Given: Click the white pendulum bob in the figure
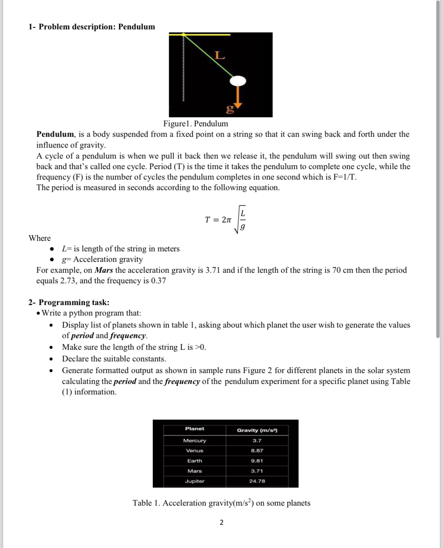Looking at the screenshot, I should click(x=238, y=81).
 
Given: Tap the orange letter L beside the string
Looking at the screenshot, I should click(x=220, y=56).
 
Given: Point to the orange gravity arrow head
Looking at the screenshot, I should click(x=237, y=106).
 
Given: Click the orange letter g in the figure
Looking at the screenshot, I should click(x=230, y=109).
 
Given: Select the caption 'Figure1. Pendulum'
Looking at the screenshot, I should click(x=195, y=124).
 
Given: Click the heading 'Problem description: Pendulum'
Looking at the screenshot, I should click(x=97, y=27).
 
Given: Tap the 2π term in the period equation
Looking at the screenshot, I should click(x=227, y=220).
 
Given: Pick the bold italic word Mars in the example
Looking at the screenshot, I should click(x=104, y=270).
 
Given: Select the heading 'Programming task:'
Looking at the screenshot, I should click(x=74, y=302).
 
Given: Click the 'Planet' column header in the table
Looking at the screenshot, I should click(x=195, y=429).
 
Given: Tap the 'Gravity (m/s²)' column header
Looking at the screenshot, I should click(x=257, y=430).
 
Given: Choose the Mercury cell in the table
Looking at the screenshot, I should click(x=195, y=441).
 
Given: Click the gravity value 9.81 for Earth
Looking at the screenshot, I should click(x=257, y=461).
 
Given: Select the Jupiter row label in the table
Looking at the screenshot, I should click(x=195, y=481).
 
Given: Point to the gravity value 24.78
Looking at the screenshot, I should click(x=257, y=481).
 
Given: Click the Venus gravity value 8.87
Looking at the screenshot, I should click(x=257, y=451).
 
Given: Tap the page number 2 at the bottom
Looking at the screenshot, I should click(x=221, y=522).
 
